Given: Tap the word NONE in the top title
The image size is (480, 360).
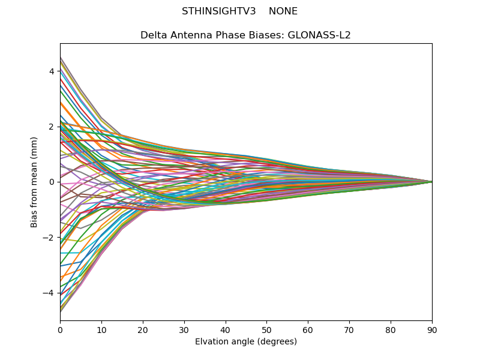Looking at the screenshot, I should [283, 11].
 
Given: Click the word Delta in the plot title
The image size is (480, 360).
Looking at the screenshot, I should [154, 35].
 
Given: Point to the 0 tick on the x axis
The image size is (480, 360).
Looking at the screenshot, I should [60, 329].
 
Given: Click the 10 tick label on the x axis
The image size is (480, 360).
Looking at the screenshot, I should [101, 329].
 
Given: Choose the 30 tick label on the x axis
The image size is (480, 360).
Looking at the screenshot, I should [184, 329].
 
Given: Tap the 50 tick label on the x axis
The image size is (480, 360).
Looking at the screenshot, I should [266, 329].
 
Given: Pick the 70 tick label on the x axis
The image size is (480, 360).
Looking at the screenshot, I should [349, 329].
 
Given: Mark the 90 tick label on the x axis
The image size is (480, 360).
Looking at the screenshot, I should [432, 329].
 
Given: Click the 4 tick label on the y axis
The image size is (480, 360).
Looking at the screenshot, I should [52, 71].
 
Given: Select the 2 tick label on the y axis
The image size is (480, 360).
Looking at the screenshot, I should [52, 127].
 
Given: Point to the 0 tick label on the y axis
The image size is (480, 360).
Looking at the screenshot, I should [52, 182].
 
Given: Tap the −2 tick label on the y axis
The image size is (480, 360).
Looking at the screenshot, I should [49, 238].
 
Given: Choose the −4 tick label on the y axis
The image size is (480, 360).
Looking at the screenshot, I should [49, 293].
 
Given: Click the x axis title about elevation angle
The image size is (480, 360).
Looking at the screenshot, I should [246, 342].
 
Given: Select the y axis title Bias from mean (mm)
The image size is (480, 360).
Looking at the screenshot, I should [35, 182].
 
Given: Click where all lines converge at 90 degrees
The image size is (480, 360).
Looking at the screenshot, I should [431, 182].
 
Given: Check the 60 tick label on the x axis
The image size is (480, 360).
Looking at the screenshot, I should [308, 329].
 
